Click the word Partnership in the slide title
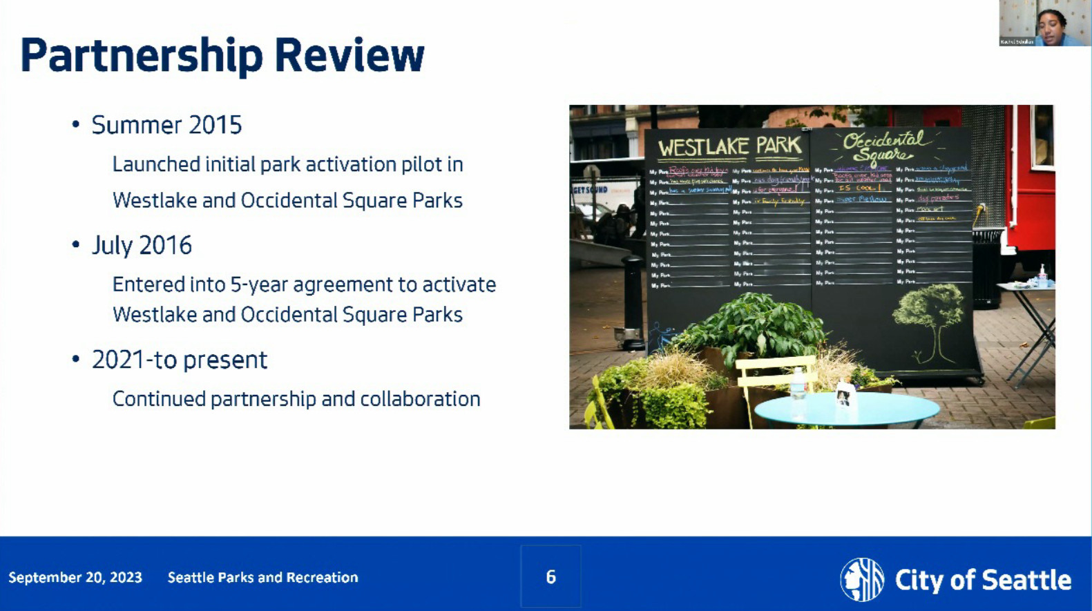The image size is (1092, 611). pyautogui.click(x=142, y=55)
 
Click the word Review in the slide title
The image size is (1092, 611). pyautogui.click(x=349, y=55)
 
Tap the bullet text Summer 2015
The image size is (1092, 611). pyautogui.click(x=166, y=125)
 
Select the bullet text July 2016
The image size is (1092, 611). pyautogui.click(x=142, y=245)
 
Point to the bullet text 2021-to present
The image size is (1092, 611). pyautogui.click(x=179, y=360)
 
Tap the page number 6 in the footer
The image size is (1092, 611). pyautogui.click(x=550, y=577)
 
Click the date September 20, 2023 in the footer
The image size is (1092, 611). pyautogui.click(x=75, y=578)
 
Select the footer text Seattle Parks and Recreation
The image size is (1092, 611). pyautogui.click(x=262, y=578)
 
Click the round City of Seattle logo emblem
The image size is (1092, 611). pyautogui.click(x=861, y=579)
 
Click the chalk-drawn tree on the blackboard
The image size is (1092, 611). pyautogui.click(x=929, y=318)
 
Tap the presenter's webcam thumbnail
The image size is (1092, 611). pyautogui.click(x=1044, y=23)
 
